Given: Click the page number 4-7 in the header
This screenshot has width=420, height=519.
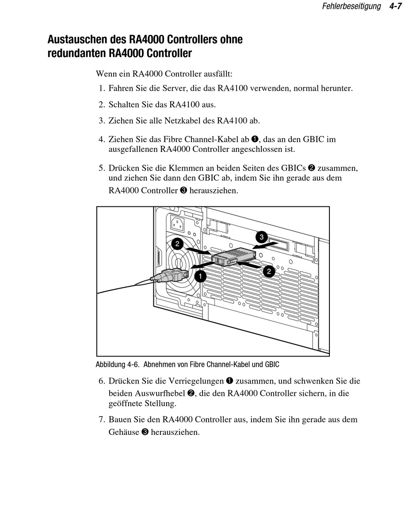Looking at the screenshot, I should click(396, 7).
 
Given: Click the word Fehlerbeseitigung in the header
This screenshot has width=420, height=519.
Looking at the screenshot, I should click(351, 7).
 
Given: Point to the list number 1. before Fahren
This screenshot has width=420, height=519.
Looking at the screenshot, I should click(102, 88).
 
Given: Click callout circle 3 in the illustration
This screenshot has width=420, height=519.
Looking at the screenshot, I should click(262, 236).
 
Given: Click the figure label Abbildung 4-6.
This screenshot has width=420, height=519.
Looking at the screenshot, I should click(118, 364).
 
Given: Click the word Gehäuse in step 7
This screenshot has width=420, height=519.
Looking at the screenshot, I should click(123, 432).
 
